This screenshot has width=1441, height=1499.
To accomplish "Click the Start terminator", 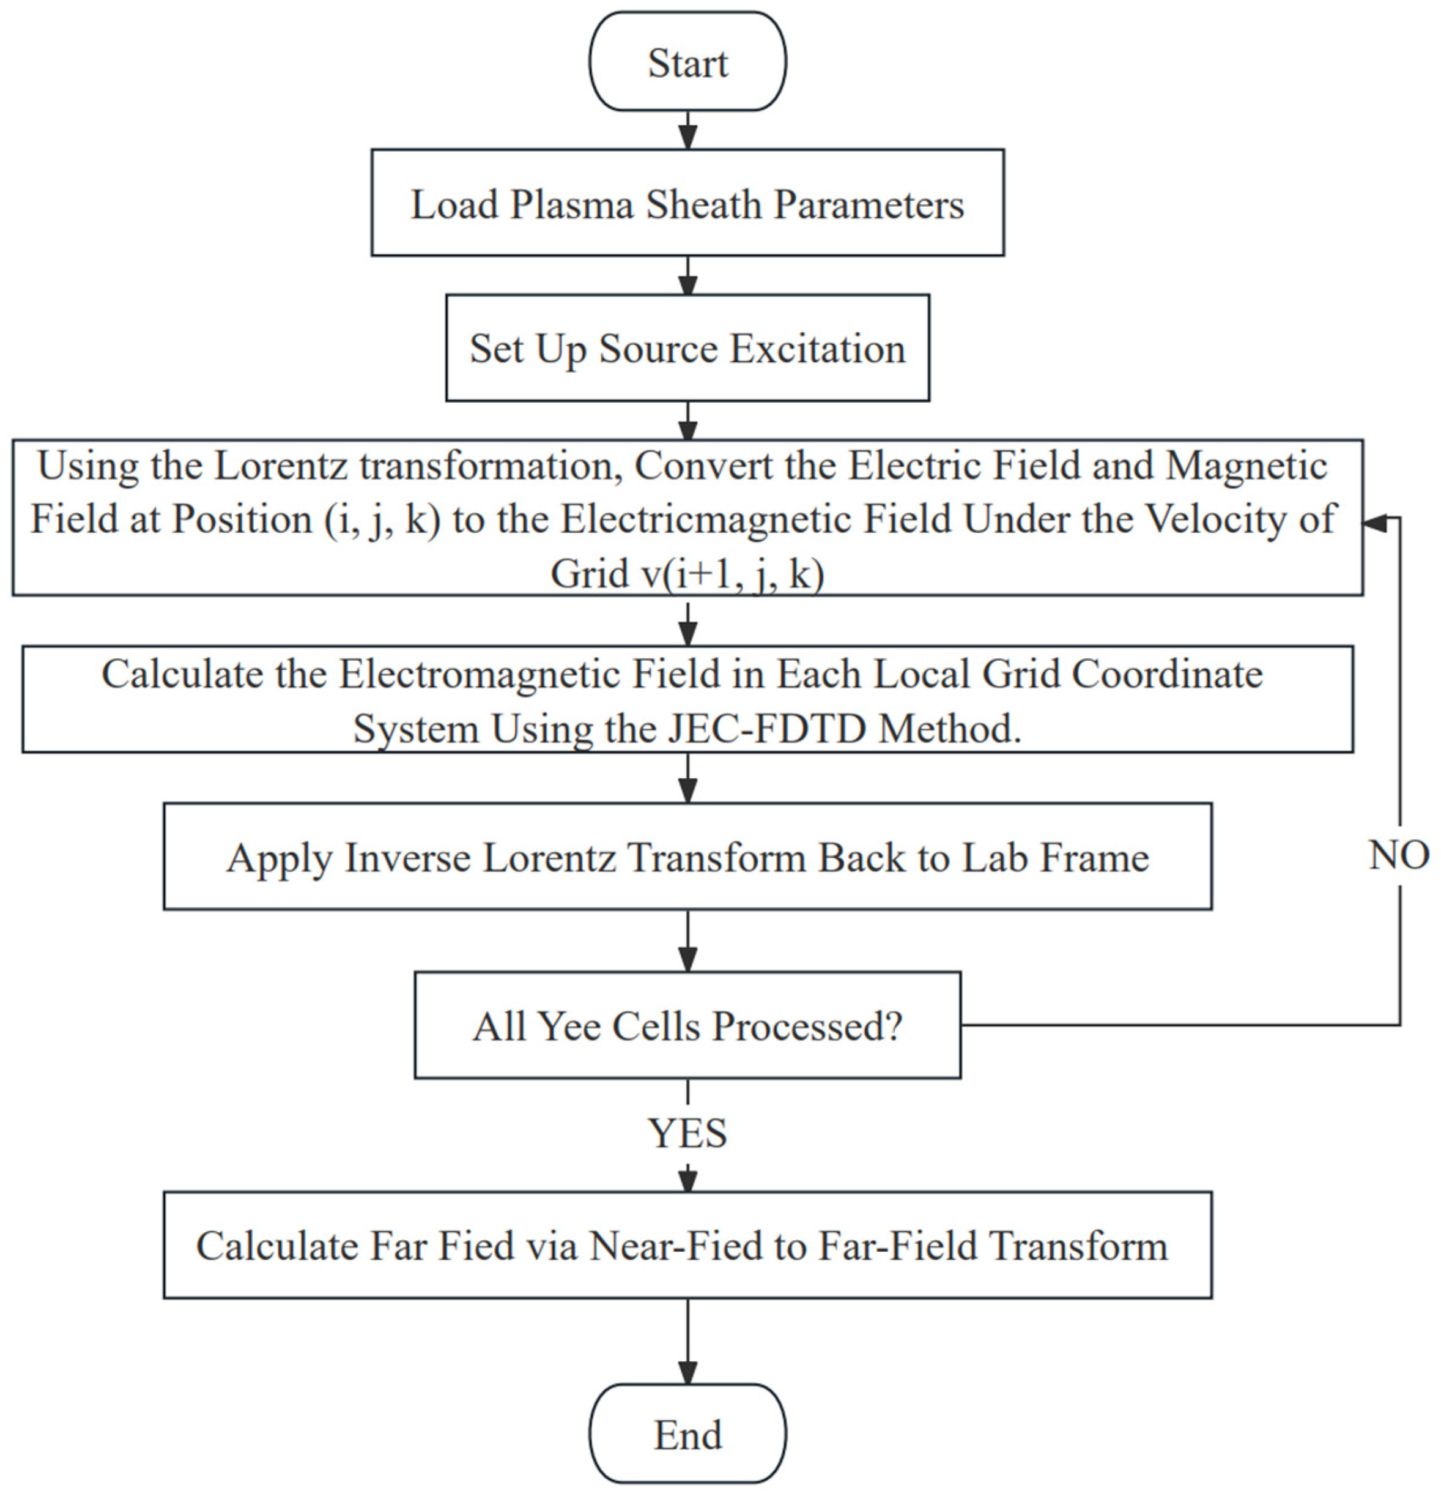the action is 687,61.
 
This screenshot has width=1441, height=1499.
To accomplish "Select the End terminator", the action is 687,1434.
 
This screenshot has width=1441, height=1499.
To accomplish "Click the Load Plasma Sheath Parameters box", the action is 687,203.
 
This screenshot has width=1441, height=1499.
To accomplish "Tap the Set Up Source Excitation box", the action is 687,348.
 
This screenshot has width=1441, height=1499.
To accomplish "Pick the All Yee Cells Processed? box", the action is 687,1025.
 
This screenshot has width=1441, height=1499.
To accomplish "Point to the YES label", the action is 687,1133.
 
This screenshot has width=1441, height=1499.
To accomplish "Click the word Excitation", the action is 817,349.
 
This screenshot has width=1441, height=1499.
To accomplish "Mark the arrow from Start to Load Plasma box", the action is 687,130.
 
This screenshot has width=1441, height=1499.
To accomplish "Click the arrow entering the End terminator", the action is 687,1341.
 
